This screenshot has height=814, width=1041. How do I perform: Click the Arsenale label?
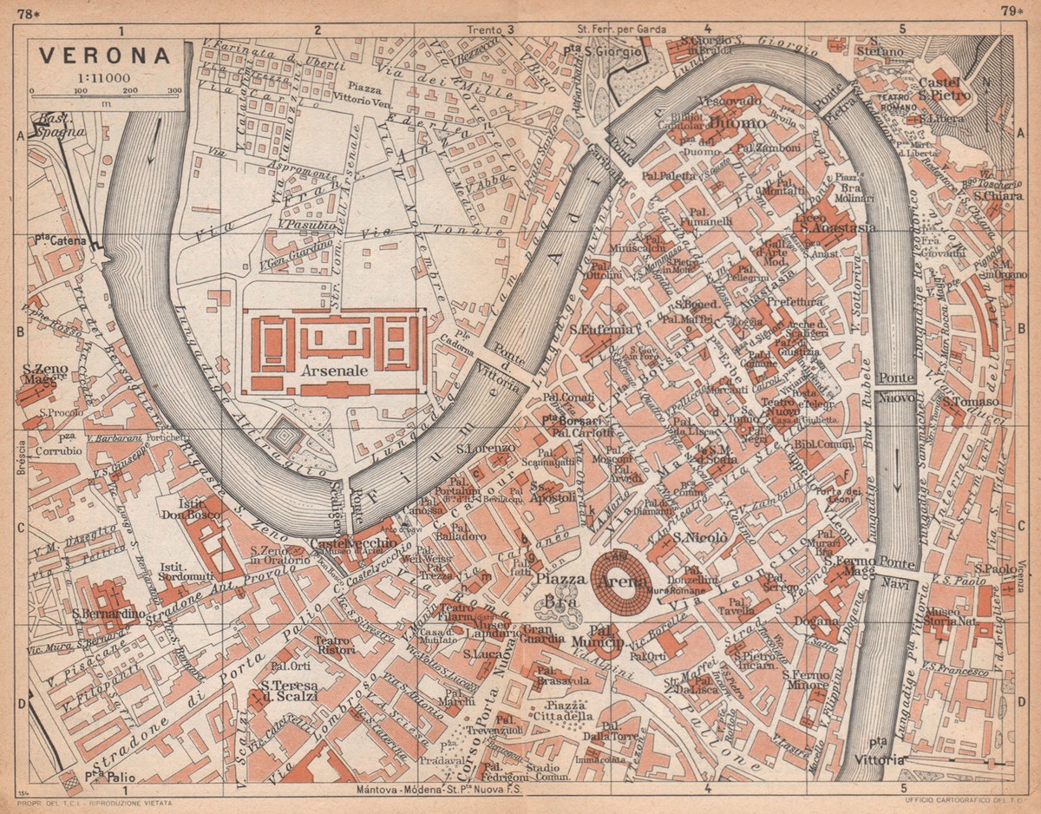click(x=334, y=370)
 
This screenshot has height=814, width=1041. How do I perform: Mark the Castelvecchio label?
click(x=355, y=543)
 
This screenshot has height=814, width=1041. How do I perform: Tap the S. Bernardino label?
click(x=108, y=613)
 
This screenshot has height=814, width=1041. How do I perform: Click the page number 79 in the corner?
click(x=1010, y=10)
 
